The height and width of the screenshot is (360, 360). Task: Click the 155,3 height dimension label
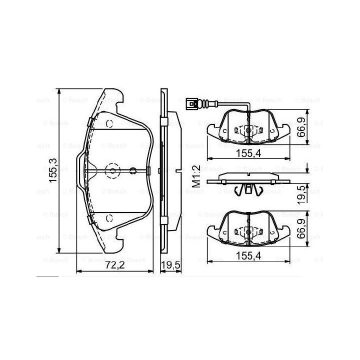click(x=53, y=170)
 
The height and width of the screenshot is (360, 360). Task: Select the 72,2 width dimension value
click(x=115, y=265)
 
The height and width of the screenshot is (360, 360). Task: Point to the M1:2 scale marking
click(x=196, y=176)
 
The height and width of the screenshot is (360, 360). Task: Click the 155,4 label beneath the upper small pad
click(x=248, y=153)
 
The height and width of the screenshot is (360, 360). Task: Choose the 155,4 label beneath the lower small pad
click(x=248, y=256)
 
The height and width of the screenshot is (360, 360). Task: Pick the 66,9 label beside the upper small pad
click(x=301, y=127)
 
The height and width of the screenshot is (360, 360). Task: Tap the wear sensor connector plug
click(x=191, y=104)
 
